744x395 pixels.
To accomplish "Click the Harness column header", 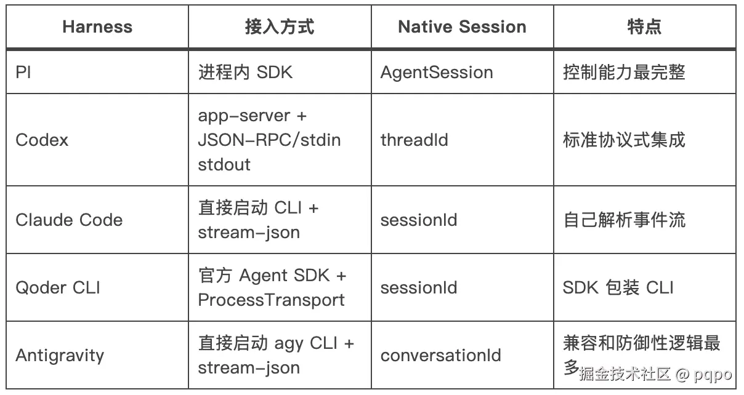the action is pos(97,26).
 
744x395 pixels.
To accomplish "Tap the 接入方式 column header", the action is pos(280,26).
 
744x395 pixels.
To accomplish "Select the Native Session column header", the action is pos(462,26).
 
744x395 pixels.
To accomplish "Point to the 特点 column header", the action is pos(644,26).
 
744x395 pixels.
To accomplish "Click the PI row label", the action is pos(23,72).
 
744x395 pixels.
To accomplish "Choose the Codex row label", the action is pos(42,140).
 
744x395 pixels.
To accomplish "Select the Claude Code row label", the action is pos(69,220).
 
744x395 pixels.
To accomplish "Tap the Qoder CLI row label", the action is pos(58,287).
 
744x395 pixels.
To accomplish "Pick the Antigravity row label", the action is pos(60,356).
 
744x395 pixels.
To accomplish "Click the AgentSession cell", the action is pos(437,73).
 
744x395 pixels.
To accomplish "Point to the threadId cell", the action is pos(414,140).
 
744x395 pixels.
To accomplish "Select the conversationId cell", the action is pos(441,356).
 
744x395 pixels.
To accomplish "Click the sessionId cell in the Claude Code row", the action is pos(419,220).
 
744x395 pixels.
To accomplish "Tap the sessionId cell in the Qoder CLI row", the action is pos(419,287).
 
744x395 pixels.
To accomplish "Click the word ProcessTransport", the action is pos(272,300).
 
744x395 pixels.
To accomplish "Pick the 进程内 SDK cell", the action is pos(246,72).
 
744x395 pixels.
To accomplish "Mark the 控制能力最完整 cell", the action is pos(624,72).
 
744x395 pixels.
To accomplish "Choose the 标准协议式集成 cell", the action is pos(624,140).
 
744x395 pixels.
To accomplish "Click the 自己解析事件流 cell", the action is pos(624,220).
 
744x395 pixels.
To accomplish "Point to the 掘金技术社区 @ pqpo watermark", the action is pos(655,375).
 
